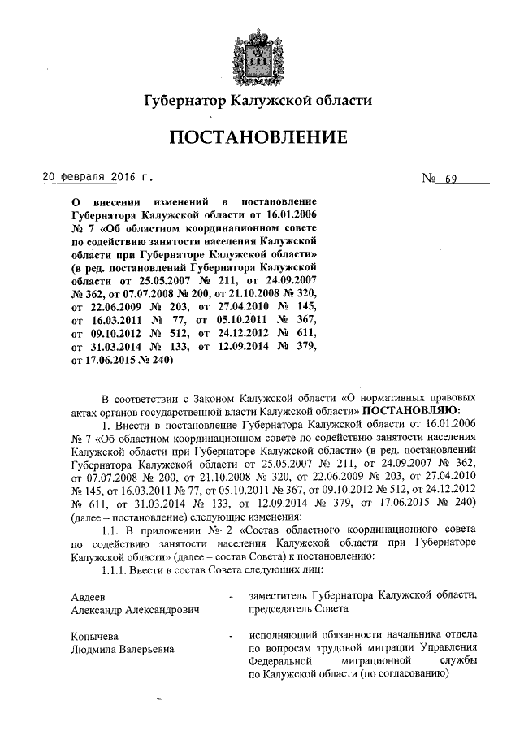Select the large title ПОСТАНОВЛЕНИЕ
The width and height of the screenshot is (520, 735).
click(259, 139)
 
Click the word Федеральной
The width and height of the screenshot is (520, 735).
click(283, 663)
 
